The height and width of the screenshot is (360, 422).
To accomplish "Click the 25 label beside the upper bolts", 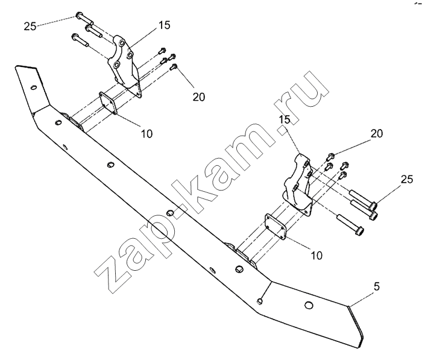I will pyautogui.click(x=31, y=26).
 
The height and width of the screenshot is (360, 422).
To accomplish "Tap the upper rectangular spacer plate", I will pyautogui.click(x=109, y=103).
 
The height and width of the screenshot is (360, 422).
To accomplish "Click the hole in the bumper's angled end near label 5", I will pyautogui.click(x=308, y=306).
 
